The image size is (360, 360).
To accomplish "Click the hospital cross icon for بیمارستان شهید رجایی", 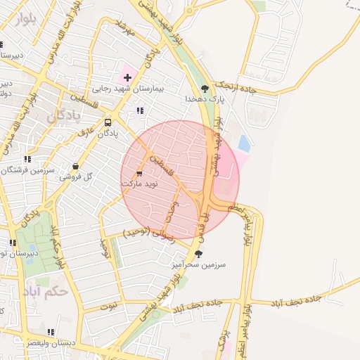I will (127, 76).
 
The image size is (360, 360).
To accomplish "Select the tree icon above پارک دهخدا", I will (205, 89).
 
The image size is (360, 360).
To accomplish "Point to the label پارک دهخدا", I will (205, 101).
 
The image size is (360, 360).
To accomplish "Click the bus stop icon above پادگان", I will (108, 122).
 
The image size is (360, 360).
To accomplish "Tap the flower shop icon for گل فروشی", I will (75, 167).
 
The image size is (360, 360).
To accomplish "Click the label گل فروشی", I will (76, 177).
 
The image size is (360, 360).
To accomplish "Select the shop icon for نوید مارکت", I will (139, 172).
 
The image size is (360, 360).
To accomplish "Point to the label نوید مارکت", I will (139, 183).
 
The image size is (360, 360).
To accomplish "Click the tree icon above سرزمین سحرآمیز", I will (198, 254).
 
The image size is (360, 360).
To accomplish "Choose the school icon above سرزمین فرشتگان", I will (27, 160).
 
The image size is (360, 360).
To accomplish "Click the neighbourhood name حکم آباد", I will (65, 290).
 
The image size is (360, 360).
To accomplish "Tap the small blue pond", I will (244, 144).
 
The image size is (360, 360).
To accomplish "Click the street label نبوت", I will (108, 306).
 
